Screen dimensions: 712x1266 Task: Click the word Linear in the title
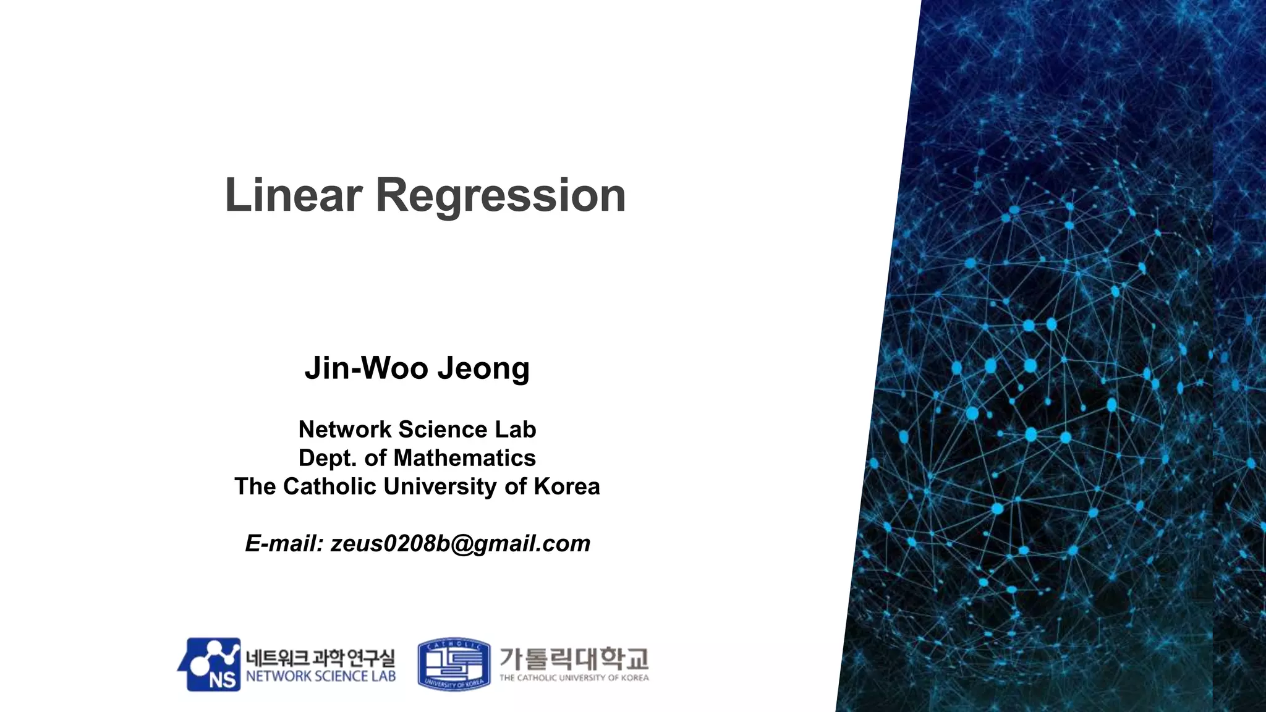[293, 195]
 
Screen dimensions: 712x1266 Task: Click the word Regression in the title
[501, 196]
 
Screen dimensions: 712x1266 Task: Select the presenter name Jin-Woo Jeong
[417, 368]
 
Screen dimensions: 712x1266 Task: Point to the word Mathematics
[464, 458]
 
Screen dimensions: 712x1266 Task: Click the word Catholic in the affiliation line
[330, 486]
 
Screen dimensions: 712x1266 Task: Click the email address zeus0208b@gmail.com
[461, 543]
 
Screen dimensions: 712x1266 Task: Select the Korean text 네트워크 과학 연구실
[320, 658]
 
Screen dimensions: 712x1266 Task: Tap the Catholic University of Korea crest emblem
[454, 664]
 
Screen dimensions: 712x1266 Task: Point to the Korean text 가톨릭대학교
[574, 658]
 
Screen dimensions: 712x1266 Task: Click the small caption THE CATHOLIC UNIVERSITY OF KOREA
[574, 678]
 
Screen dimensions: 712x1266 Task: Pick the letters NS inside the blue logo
[222, 680]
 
